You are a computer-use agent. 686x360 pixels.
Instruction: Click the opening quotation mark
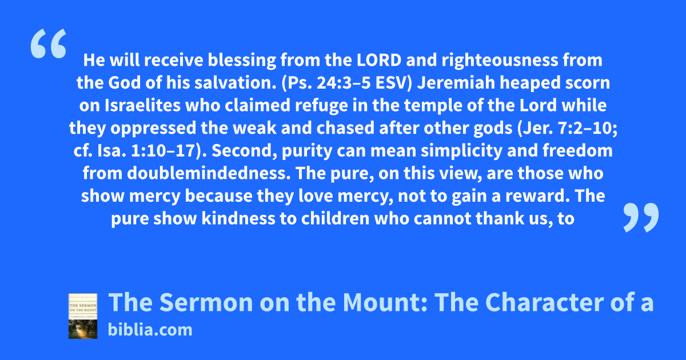tap(49, 43)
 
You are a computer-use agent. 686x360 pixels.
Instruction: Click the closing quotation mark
tap(641, 217)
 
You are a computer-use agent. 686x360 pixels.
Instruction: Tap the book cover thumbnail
tap(83, 316)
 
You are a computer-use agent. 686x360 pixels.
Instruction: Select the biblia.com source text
tap(150, 330)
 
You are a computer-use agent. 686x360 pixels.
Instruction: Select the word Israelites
tap(143, 105)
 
